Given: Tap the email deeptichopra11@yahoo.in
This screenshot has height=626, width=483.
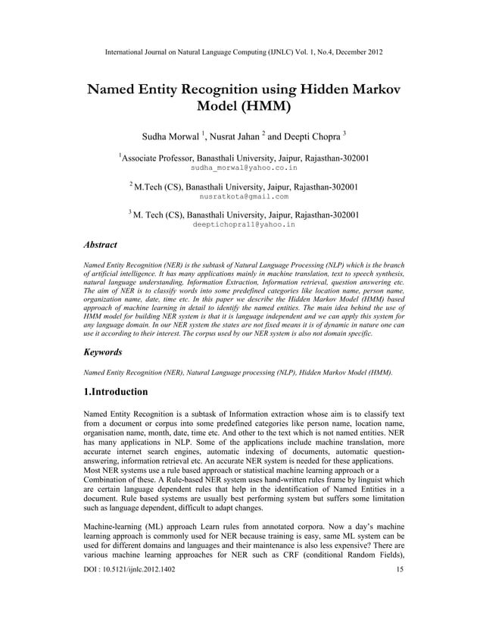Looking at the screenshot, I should click(x=243, y=225).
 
